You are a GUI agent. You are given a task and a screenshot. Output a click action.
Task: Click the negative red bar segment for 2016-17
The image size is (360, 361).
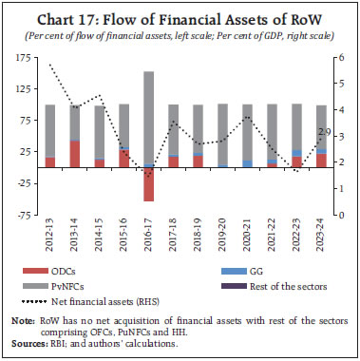[x=149, y=184]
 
